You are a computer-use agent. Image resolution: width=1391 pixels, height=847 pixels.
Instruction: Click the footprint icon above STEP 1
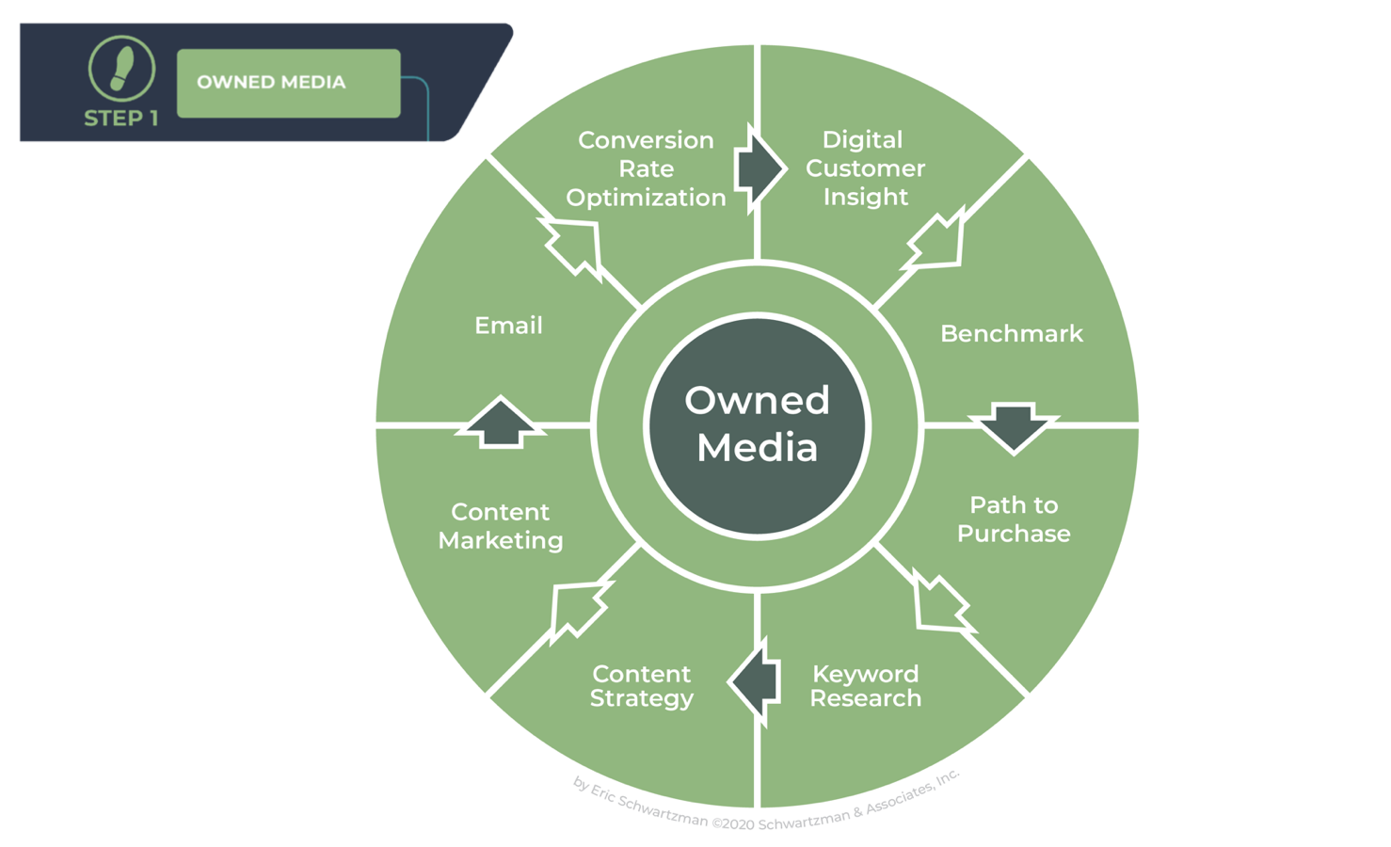tap(121, 69)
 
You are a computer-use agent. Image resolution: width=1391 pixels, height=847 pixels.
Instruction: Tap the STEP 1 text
tap(121, 119)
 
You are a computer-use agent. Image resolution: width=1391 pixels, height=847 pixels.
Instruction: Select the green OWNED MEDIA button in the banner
tap(288, 83)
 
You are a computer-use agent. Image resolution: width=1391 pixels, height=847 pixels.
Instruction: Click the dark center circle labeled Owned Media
tap(757, 424)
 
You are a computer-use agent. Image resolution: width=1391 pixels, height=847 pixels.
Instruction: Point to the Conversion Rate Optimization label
tap(646, 168)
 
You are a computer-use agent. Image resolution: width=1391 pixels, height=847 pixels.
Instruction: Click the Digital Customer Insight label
tap(865, 168)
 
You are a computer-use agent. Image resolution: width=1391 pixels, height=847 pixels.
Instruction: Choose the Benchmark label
tap(1011, 334)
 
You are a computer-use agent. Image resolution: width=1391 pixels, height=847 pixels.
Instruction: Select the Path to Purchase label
tap(1013, 519)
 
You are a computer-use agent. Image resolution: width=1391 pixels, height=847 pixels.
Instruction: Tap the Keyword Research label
tap(865, 686)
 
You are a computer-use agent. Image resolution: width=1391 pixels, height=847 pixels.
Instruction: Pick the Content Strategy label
tap(642, 686)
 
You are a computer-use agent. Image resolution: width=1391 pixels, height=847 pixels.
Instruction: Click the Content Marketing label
tap(501, 526)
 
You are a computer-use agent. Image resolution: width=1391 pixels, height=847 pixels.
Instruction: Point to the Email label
tap(508, 326)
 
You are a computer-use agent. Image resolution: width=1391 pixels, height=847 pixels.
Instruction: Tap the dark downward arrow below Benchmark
tap(1014, 426)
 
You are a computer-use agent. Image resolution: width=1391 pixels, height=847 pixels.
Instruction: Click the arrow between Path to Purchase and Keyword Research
tap(940, 603)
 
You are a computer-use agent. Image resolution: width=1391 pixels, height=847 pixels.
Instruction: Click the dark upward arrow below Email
tap(501, 423)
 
